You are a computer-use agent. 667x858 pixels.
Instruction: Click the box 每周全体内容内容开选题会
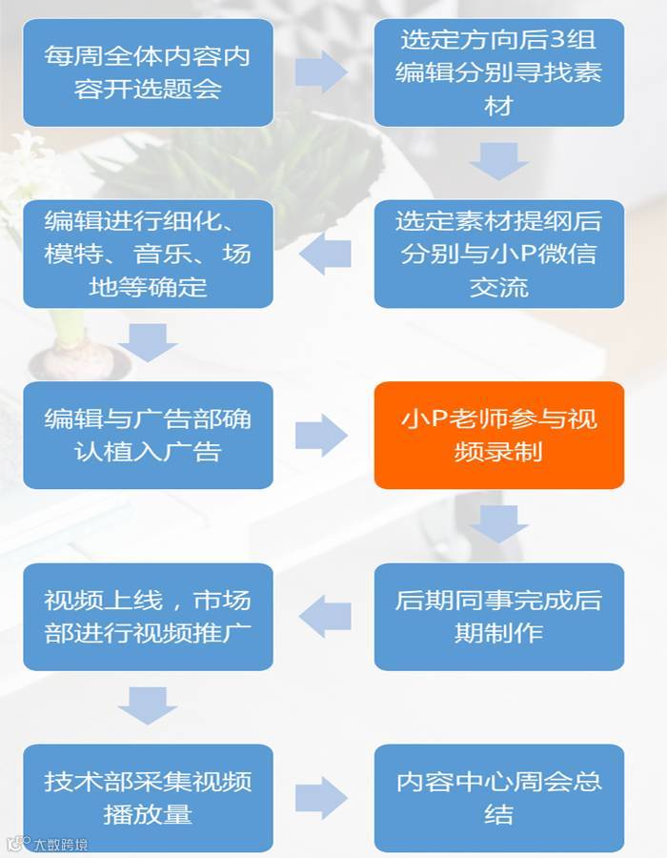(148, 72)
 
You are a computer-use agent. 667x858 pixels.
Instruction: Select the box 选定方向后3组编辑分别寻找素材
(498, 72)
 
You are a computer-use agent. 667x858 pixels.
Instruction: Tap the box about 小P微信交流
(498, 254)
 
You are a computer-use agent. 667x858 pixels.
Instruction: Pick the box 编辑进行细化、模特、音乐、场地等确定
(148, 254)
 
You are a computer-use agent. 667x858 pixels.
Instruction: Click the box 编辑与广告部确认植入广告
(148, 435)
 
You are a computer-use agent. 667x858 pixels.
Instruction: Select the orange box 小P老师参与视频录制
(498, 435)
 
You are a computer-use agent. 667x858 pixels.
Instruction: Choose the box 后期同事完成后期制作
(498, 616)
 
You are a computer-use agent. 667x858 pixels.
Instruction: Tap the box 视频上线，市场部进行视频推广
(148, 616)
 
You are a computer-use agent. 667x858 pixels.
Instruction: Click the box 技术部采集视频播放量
(148, 797)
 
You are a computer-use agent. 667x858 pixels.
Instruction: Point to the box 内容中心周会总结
(498, 797)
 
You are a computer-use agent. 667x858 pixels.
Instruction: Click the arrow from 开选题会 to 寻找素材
(321, 71)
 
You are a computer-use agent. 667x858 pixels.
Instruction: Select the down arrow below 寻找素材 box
(498, 161)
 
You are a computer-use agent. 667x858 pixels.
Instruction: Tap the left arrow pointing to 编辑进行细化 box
(325, 253)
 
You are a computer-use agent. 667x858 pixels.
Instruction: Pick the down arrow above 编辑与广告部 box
(148, 342)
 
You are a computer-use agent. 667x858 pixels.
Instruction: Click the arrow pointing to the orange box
(321, 436)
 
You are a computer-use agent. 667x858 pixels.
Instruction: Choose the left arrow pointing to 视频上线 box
(325, 616)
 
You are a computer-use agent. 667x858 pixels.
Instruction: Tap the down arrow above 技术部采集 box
(148, 705)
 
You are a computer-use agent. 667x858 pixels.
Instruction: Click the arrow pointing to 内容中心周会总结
(321, 797)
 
